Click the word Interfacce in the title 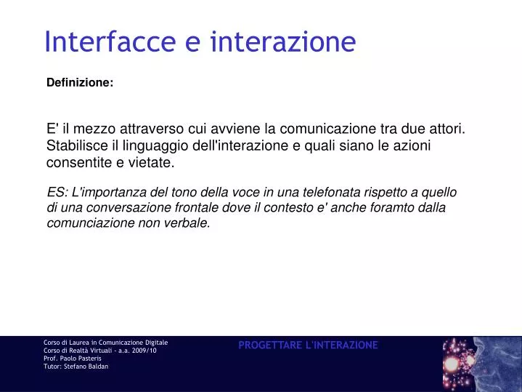(x=110, y=41)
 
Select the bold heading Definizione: (x=80, y=83)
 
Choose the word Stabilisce (x=76, y=146)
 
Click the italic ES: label (x=57, y=193)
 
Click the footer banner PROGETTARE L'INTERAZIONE (x=308, y=345)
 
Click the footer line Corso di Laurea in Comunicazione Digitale (x=106, y=342)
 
